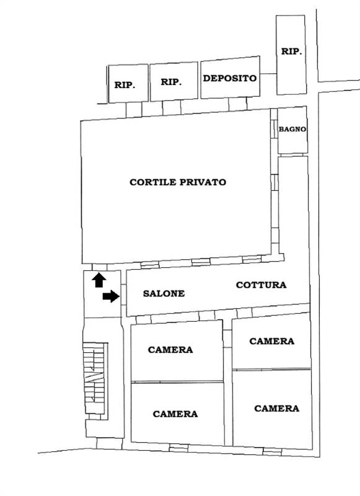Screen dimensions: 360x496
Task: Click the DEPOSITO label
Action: point(229,78)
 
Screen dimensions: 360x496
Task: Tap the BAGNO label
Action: point(292,129)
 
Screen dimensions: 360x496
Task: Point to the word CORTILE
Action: point(153,182)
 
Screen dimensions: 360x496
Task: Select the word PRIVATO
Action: point(203,182)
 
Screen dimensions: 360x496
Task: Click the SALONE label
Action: point(164,293)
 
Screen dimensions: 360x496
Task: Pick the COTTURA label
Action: point(261,285)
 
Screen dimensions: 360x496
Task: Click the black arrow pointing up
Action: point(99,280)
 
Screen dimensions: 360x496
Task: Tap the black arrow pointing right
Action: point(111,296)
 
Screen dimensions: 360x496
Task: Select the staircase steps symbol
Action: point(94,378)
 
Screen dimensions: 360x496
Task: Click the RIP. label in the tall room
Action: point(291,51)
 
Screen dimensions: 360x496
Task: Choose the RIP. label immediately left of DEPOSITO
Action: point(171,82)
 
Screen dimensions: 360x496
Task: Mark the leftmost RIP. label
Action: point(125,85)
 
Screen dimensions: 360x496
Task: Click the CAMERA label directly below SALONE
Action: point(170,350)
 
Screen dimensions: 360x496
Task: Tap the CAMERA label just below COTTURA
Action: point(272,341)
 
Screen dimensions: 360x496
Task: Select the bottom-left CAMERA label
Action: point(175,414)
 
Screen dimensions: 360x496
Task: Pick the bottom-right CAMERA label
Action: point(276,409)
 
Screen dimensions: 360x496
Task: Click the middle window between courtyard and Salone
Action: point(201,262)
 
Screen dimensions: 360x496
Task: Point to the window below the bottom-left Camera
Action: point(178,448)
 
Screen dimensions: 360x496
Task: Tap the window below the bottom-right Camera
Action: point(272,451)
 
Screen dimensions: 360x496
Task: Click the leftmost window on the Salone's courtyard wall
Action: point(149,265)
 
